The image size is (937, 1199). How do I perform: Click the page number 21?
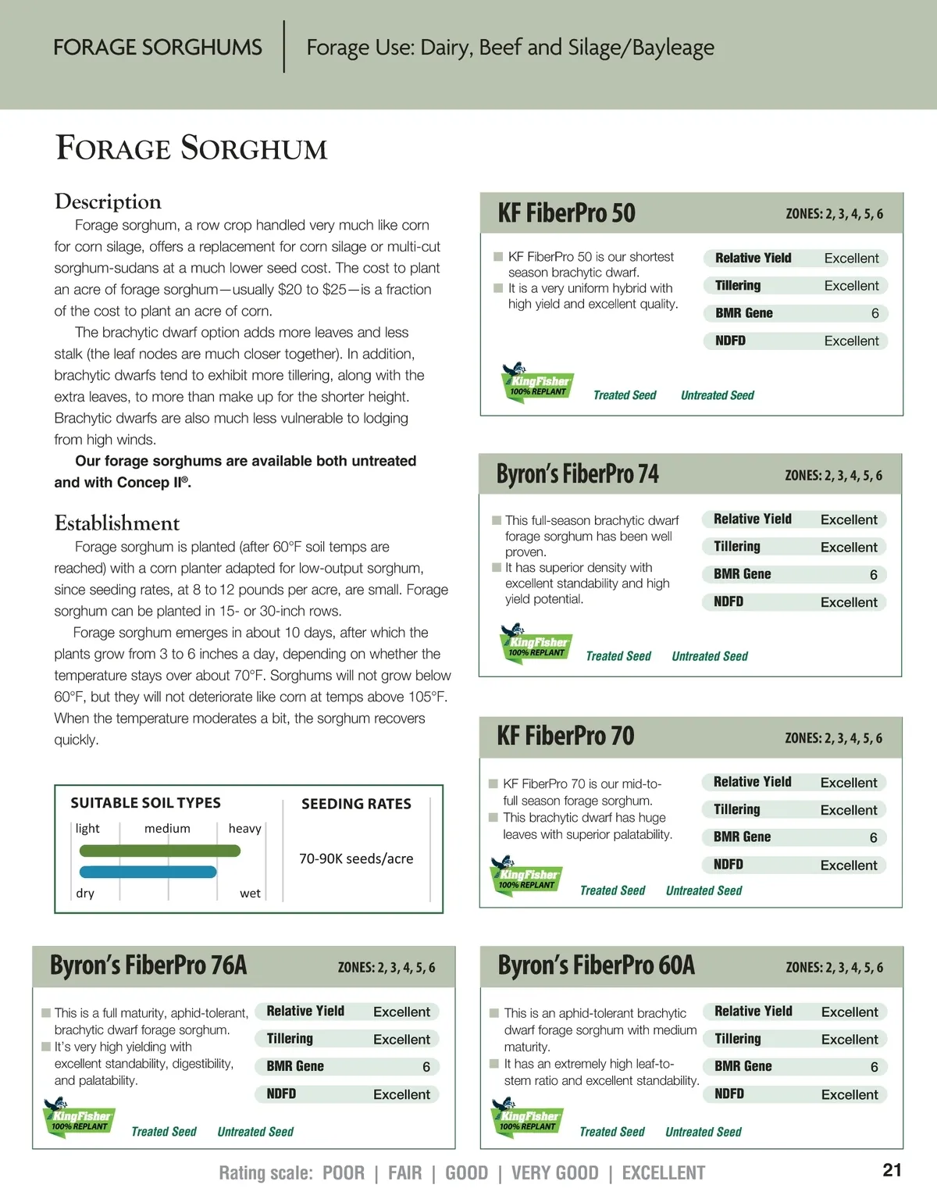[892, 1170]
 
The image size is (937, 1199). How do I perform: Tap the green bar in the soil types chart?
[159, 851]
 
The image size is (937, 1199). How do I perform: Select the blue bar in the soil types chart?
[148, 872]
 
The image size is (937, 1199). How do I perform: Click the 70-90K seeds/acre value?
[356, 858]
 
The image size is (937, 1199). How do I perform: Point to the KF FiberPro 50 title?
[566, 213]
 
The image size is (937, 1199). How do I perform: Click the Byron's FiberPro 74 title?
[577, 474]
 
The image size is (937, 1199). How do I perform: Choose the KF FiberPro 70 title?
[565, 736]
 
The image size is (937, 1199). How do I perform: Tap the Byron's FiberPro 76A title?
[148, 965]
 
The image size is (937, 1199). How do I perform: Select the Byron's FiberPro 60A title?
[596, 965]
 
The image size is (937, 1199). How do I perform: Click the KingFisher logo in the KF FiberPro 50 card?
[536, 383]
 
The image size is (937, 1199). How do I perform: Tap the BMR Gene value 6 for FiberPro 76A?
[426, 1067]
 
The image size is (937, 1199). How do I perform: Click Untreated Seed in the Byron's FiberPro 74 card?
[709, 656]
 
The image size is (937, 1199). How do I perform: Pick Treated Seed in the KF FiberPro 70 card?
[612, 890]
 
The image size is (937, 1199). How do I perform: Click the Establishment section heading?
[117, 523]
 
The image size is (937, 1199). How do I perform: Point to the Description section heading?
[108, 202]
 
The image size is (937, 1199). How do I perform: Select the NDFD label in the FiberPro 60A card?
[729, 1094]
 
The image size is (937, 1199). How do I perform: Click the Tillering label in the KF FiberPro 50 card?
[737, 286]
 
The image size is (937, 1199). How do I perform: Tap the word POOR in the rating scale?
[343, 1173]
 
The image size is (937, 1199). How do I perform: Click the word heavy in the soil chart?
[244, 829]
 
